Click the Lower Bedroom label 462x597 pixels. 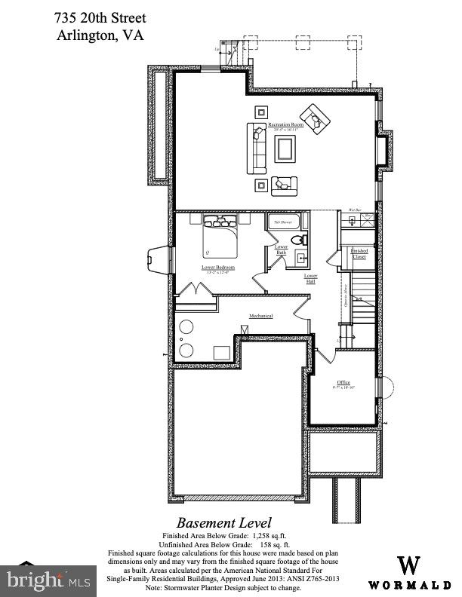click(x=217, y=268)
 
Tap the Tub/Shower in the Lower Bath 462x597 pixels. click(x=284, y=222)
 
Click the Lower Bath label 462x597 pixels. click(x=281, y=250)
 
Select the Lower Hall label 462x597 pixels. click(x=310, y=277)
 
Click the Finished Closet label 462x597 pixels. click(x=359, y=253)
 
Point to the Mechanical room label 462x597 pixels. click(x=261, y=316)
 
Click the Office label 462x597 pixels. click(x=343, y=384)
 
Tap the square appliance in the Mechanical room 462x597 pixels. click(x=221, y=352)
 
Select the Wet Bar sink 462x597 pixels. click(x=351, y=220)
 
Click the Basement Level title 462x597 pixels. click(x=224, y=522)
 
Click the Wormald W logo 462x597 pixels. click(x=409, y=565)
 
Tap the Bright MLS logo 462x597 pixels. click(x=47, y=580)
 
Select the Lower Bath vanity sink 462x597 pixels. click(x=300, y=259)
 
